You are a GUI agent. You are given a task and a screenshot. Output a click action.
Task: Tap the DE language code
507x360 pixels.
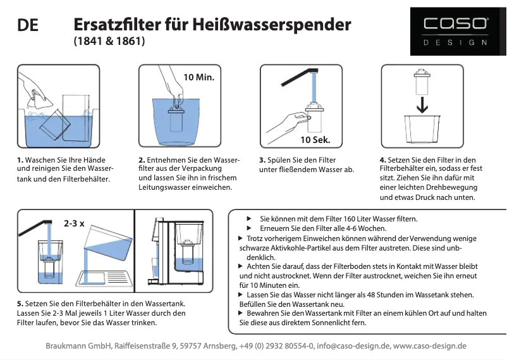pos(28,26)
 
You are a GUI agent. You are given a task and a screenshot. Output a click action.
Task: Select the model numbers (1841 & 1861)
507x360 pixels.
pos(109,42)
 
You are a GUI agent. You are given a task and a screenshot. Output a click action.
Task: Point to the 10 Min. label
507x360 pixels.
pos(199,78)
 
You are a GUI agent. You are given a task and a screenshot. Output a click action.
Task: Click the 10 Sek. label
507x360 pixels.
pos(315,139)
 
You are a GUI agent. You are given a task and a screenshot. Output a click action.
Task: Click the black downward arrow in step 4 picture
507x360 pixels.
pos(422,103)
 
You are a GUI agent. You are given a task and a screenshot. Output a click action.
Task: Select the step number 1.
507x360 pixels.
pos(20,160)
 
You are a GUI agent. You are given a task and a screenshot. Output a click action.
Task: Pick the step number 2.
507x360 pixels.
pos(141,160)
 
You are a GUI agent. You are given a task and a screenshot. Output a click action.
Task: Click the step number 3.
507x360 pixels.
pos(262,160)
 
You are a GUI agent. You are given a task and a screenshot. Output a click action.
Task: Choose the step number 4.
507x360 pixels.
pos(382,160)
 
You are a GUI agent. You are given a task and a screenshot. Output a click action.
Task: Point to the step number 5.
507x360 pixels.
pos(20,303)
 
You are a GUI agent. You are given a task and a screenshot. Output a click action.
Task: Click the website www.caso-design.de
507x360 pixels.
pos(430,346)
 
